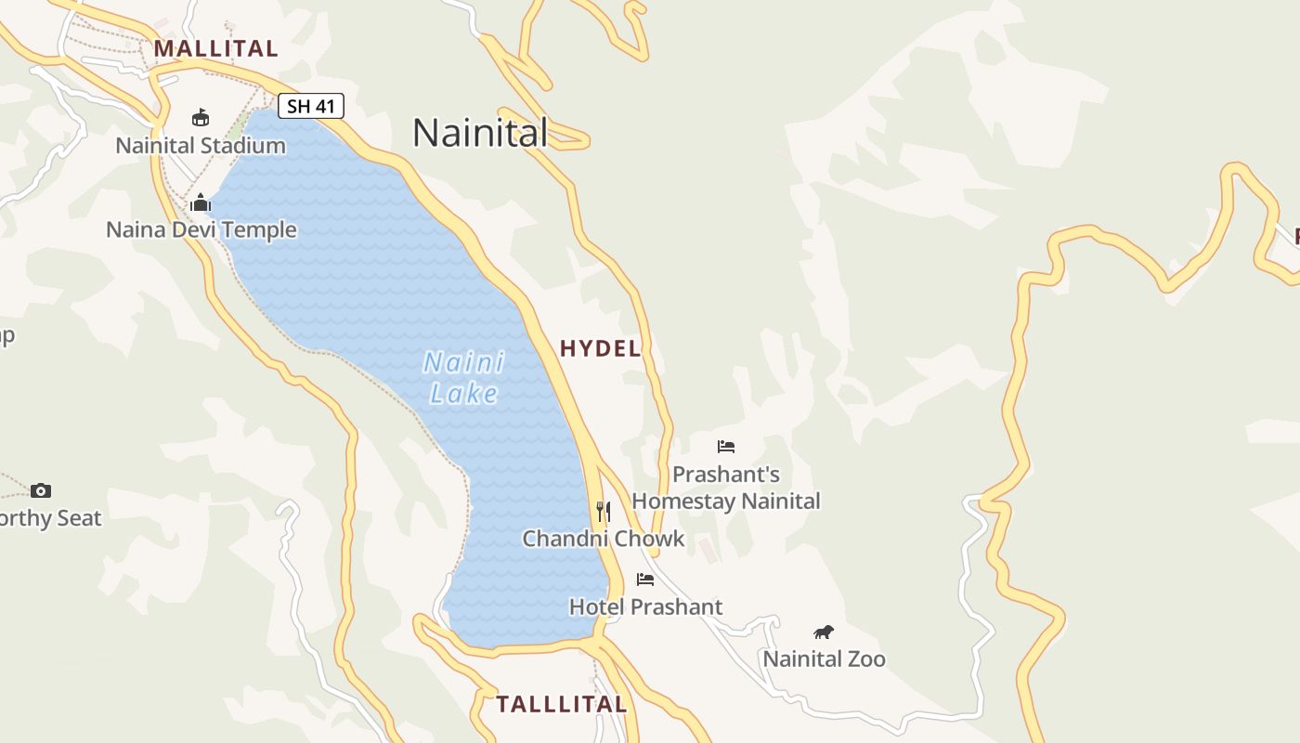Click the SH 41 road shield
click(x=311, y=106)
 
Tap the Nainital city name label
click(x=480, y=133)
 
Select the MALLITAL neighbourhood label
click(x=216, y=48)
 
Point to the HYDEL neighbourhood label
click(x=600, y=348)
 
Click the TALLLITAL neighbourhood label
click(x=562, y=704)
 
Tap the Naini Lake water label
click(x=463, y=377)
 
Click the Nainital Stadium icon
click(x=201, y=117)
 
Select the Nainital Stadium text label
click(x=201, y=146)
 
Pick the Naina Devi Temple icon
click(x=201, y=202)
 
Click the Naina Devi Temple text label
click(x=201, y=230)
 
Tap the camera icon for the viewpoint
click(x=41, y=490)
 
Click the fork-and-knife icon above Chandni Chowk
click(x=604, y=510)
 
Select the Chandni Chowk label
click(x=604, y=539)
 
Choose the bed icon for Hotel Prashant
click(x=645, y=580)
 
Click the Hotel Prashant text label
click(x=645, y=607)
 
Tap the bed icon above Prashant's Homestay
click(x=726, y=447)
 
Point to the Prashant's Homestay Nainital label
click(x=726, y=488)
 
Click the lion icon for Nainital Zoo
click(x=824, y=632)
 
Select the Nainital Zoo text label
click(x=824, y=659)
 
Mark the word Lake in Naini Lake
click(x=464, y=394)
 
